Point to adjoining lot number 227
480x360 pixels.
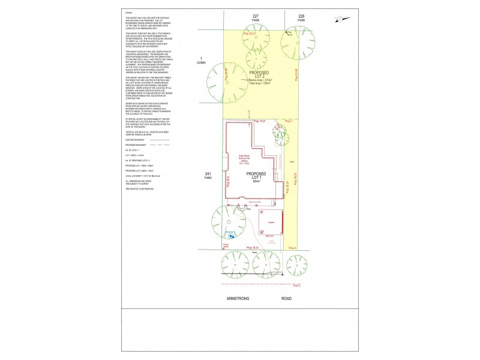point(256,16)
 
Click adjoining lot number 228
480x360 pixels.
point(301,16)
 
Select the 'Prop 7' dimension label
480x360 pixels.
point(289,121)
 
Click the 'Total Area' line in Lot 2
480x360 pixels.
point(260,83)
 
